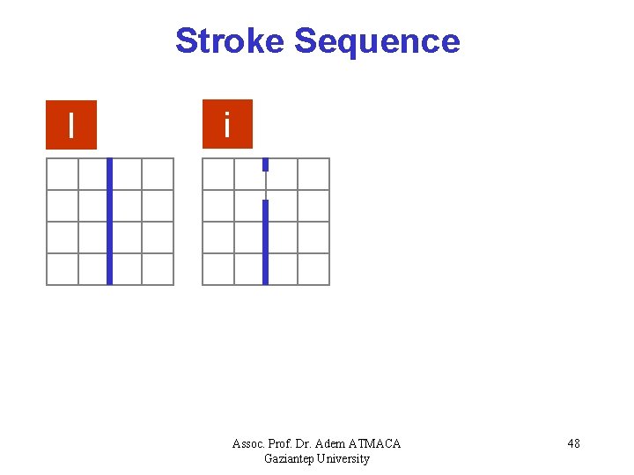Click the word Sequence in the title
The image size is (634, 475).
[x=377, y=41]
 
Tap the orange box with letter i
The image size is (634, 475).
[x=227, y=124]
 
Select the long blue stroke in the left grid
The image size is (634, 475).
[x=109, y=222]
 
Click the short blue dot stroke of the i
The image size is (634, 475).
[x=265, y=164]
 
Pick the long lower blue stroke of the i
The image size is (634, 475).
[x=265, y=242]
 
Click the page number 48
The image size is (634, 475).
[x=573, y=443]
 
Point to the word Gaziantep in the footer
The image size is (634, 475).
[x=289, y=458]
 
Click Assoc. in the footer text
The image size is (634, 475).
[x=250, y=443]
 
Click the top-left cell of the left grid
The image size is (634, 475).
[x=63, y=174]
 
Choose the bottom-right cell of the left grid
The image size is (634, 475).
[x=158, y=269]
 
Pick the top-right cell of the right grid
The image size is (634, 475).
[x=313, y=174]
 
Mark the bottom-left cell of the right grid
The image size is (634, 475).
[x=218, y=269]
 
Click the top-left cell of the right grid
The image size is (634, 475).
[x=218, y=174]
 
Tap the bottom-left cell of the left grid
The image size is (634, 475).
[x=63, y=269]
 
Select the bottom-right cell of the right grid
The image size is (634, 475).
[x=313, y=269]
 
